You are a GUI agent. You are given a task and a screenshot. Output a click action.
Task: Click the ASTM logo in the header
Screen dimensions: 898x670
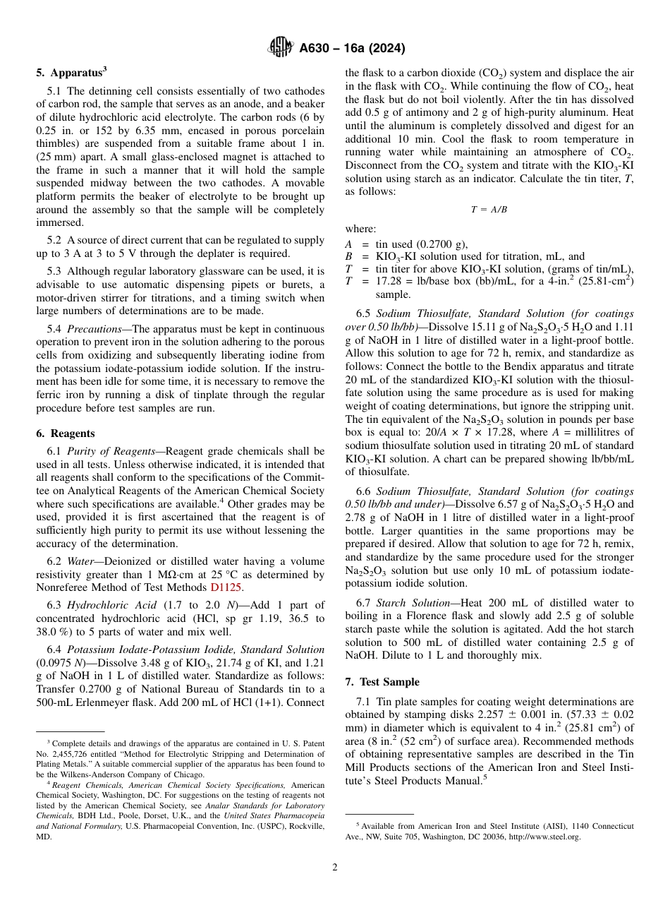(x=280, y=48)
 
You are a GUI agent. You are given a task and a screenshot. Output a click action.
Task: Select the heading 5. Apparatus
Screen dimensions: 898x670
(x=71, y=71)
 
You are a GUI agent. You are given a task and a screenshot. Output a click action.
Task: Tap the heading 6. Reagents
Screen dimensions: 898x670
(x=66, y=433)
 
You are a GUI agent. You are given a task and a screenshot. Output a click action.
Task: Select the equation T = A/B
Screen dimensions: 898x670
(x=489, y=210)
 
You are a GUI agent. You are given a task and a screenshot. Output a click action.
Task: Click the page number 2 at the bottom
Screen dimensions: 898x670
(x=335, y=867)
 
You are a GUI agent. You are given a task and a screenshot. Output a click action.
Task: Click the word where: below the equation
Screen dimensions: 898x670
(x=360, y=229)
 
